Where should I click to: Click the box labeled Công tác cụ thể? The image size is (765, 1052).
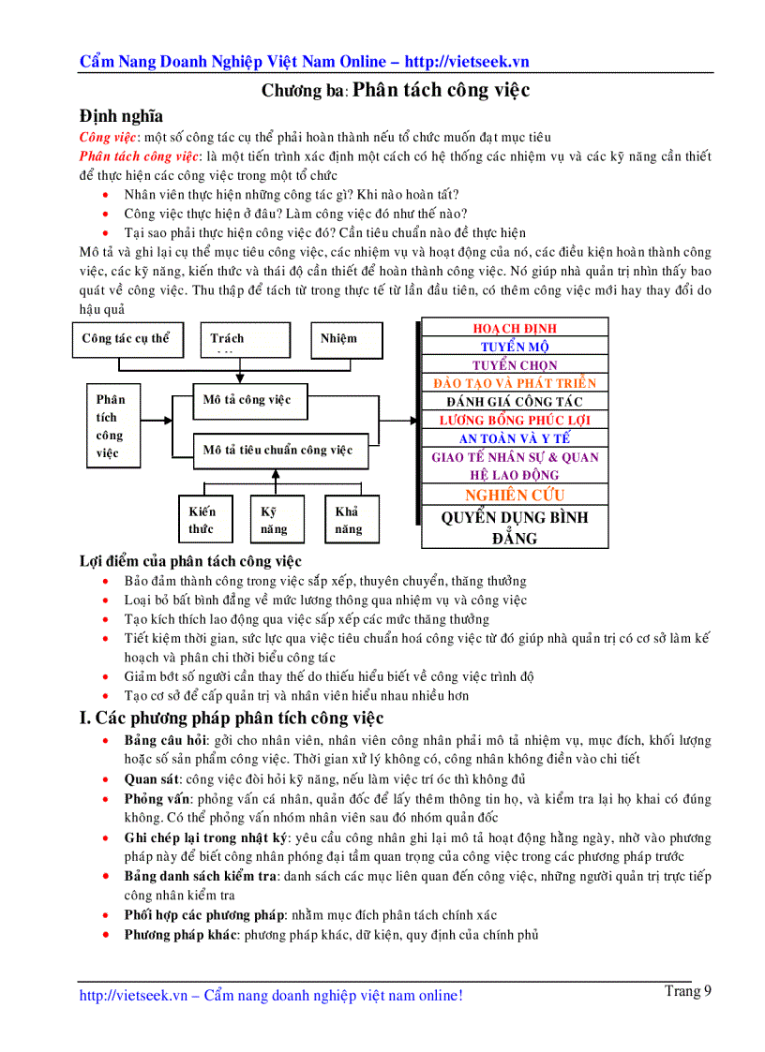click(x=127, y=339)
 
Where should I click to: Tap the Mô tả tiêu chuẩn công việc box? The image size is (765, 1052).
click(x=277, y=450)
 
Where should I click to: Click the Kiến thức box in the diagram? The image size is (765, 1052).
click(x=202, y=520)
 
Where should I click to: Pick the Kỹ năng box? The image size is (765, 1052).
click(x=275, y=520)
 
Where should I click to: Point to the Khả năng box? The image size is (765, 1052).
click(x=348, y=520)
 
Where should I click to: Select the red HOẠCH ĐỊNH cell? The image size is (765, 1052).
click(x=515, y=328)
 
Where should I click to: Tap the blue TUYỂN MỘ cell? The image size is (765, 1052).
click(x=515, y=347)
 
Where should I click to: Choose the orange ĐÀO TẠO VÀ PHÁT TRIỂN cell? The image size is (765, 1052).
click(x=515, y=383)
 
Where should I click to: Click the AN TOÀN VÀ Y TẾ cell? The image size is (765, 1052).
click(x=515, y=438)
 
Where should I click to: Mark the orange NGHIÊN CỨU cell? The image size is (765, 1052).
click(x=515, y=495)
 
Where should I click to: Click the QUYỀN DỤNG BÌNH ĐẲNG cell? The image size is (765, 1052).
click(x=515, y=527)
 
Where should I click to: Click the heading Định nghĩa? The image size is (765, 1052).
click(x=121, y=116)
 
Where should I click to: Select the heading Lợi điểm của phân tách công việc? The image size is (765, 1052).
click(x=190, y=562)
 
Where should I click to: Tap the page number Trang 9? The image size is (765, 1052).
click(x=688, y=991)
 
